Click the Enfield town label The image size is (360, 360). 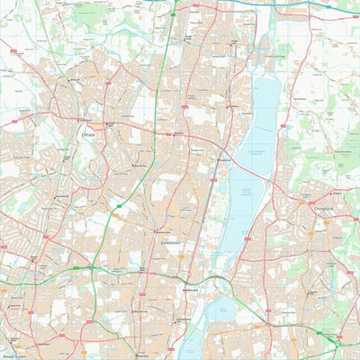pos(86,133)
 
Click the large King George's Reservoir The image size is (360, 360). pos(265,117)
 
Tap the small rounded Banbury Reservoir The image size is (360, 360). pos(218,310)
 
